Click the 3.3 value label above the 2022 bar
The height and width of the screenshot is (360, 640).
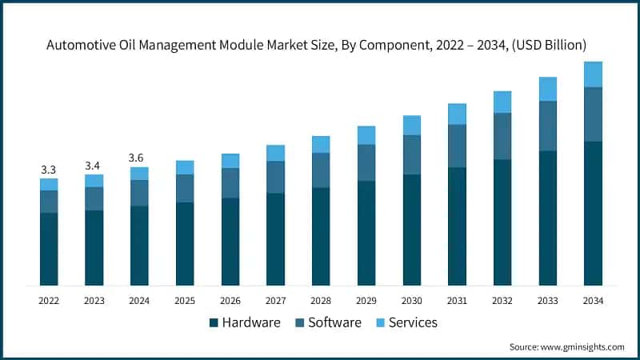pos(49,170)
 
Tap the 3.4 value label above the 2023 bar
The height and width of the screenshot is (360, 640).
pos(94,166)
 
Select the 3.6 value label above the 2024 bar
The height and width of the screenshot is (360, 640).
pos(139,158)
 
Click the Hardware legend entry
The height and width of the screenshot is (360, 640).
pos(245,322)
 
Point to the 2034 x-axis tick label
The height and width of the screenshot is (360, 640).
pos(593,301)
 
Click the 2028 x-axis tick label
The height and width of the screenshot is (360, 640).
pos(321,301)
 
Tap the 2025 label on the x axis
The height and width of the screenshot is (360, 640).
pos(185,301)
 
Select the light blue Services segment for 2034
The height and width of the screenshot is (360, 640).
pos(593,74)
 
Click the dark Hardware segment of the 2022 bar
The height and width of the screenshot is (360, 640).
pos(49,249)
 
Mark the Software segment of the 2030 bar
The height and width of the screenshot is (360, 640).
pos(411,154)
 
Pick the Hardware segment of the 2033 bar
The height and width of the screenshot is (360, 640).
pos(547,218)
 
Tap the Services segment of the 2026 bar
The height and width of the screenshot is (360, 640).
pos(230,161)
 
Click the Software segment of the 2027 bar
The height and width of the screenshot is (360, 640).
pos(275,177)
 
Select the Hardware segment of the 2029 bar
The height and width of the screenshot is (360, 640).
pos(366,233)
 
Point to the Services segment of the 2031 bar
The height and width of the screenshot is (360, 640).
pos(457,114)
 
